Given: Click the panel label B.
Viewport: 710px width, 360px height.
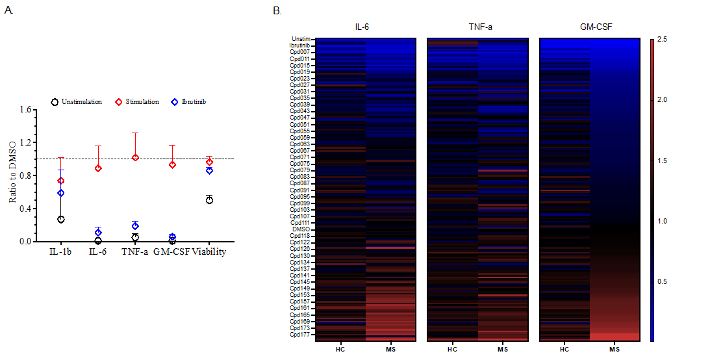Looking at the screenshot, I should pos(277,10).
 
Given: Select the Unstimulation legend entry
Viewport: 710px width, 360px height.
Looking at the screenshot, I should pos(77,102).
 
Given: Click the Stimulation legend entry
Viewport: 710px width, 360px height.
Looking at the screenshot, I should pos(138,102).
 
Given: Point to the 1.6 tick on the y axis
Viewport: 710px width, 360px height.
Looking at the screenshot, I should pos(25,110).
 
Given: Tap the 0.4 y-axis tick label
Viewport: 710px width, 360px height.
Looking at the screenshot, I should pos(25,209).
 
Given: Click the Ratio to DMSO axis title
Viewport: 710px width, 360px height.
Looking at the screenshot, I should pos(12,176).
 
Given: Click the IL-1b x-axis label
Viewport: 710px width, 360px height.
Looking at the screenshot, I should pos(61,252).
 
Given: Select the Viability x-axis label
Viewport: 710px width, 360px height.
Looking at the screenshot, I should pos(209,252).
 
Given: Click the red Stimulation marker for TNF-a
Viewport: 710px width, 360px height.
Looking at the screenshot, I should pos(135,157).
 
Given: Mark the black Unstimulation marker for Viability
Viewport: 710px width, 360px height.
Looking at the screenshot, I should pos(209,199).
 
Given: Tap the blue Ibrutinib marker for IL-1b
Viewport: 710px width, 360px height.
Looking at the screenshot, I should pos(61,193).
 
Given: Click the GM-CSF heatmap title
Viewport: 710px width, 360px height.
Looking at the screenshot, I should pos(589,28).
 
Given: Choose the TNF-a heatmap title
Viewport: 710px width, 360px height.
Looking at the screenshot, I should pos(477,28).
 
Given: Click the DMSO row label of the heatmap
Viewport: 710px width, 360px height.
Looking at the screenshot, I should pos(301,229).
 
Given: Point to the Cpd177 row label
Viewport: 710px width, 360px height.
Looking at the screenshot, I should pos(299,335).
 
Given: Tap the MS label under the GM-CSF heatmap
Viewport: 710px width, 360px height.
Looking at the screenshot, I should pos(614,350).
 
